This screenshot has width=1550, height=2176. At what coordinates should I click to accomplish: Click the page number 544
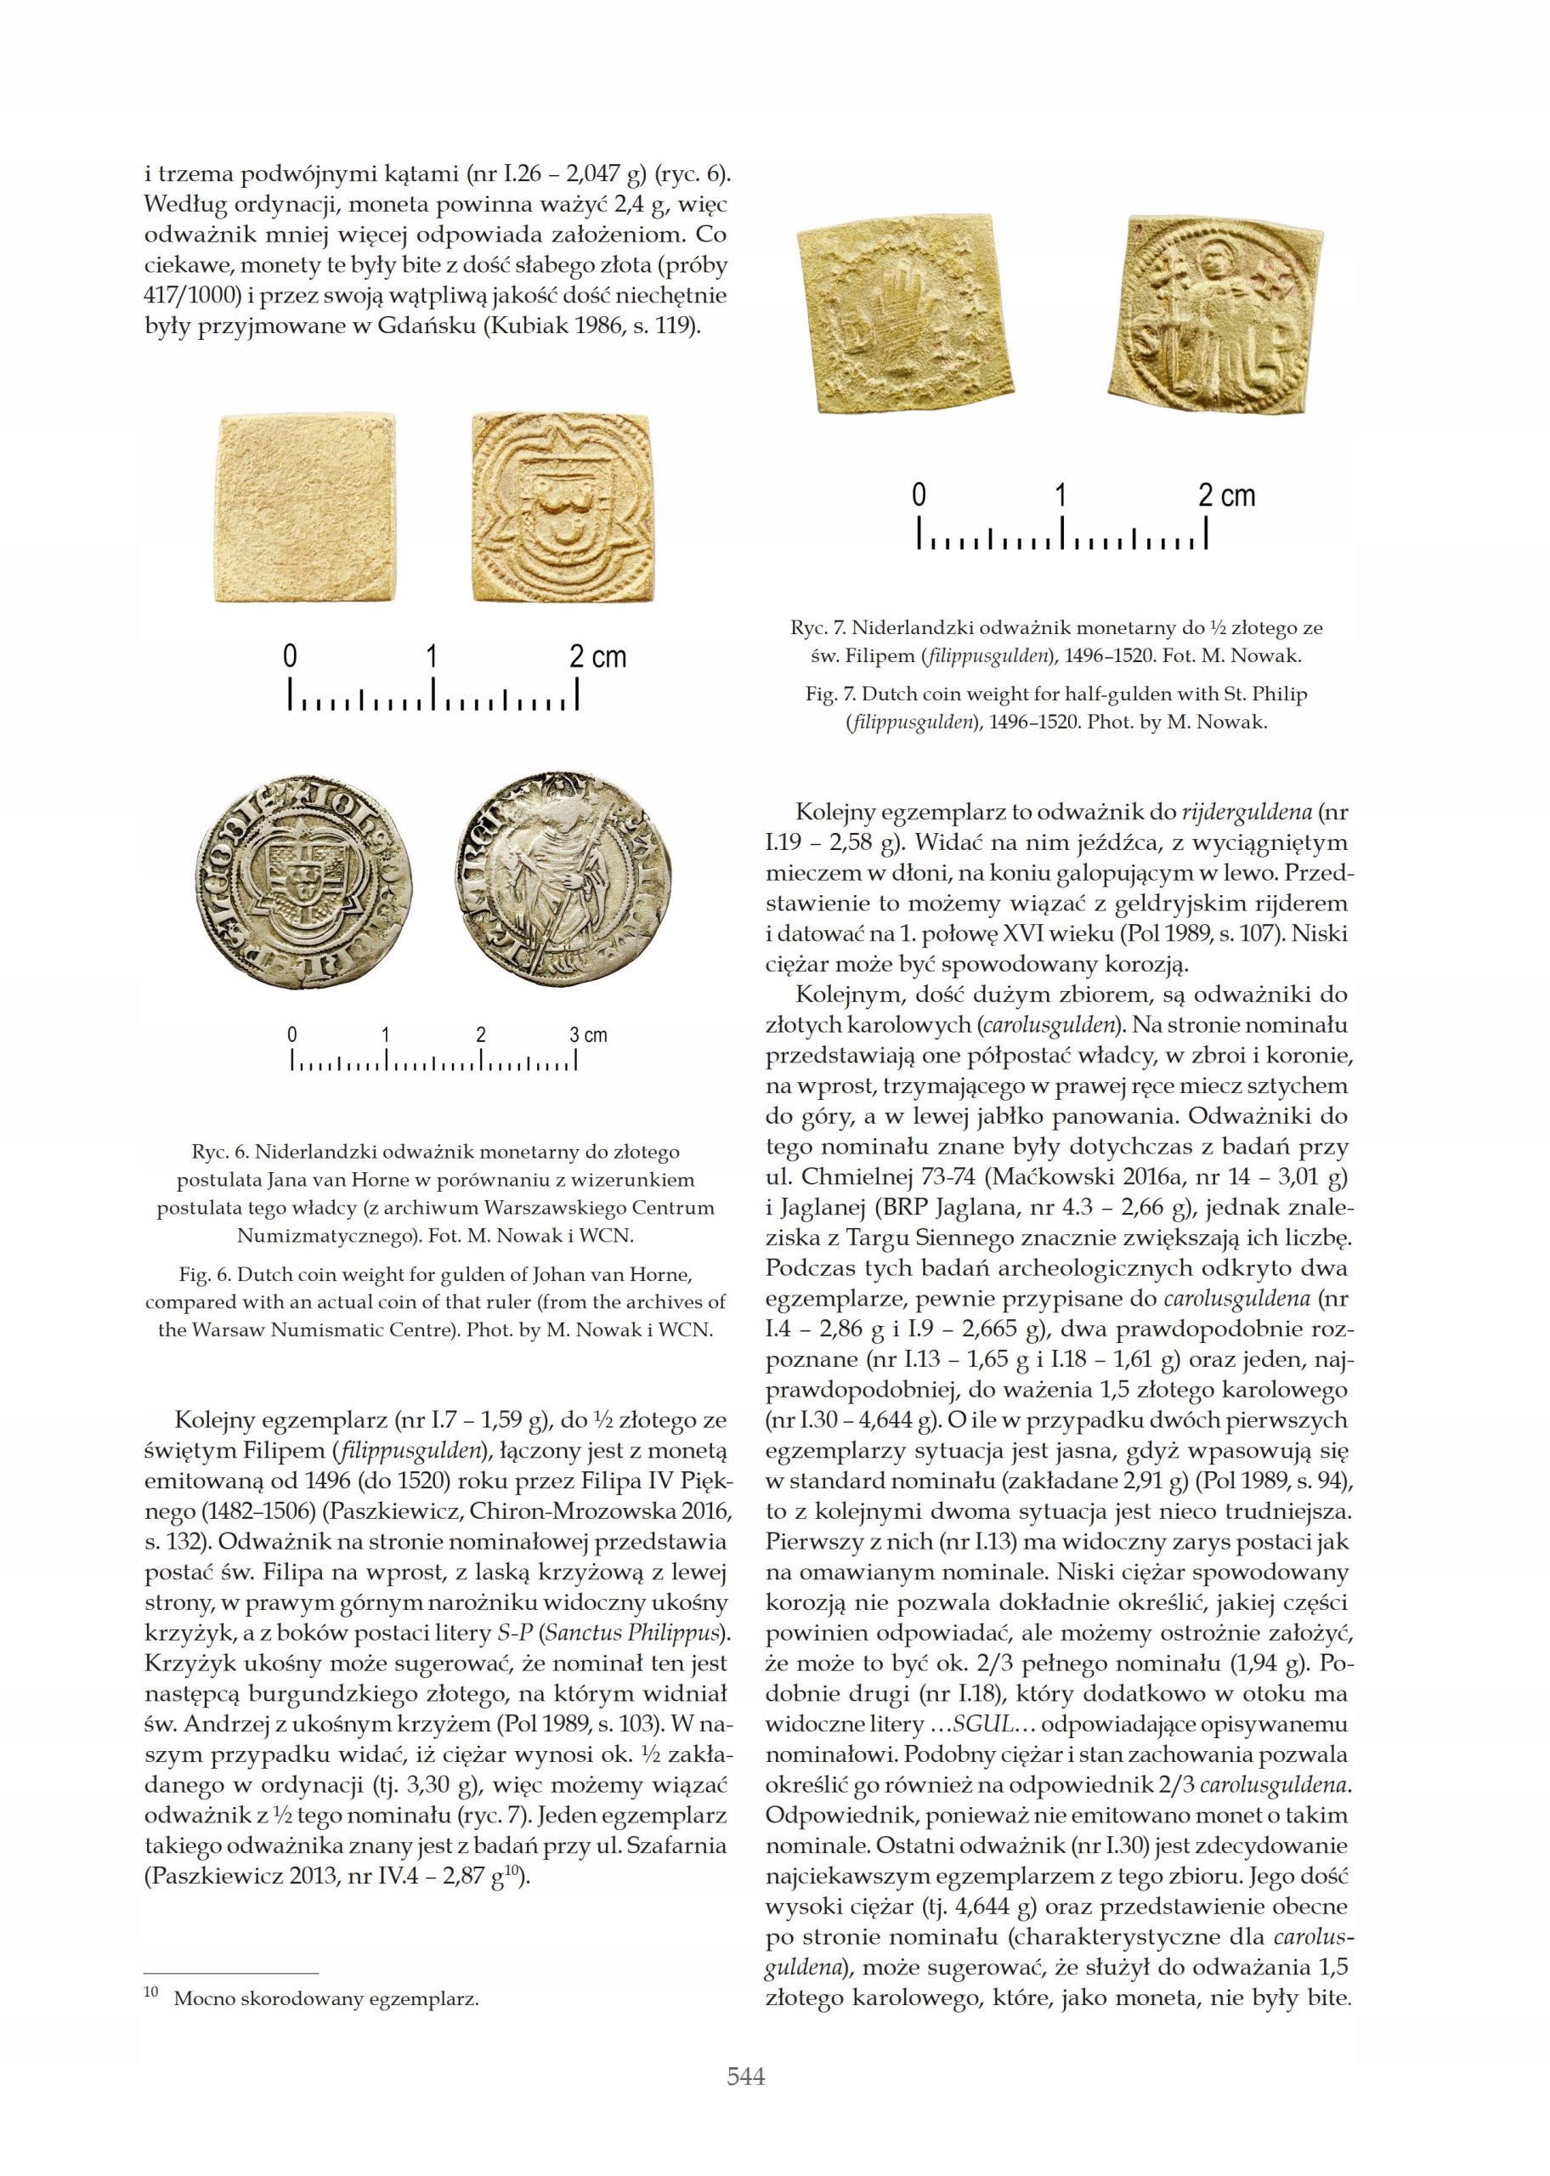745,2076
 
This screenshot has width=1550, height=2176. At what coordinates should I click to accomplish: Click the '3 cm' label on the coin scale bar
588,1034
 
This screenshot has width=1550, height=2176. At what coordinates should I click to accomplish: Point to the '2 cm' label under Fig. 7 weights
1226,496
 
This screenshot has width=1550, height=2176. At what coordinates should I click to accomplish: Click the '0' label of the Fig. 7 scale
918,496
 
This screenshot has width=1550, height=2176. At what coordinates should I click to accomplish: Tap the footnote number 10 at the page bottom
150,1992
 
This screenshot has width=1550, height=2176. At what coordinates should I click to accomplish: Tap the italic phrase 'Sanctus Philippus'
626,1633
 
